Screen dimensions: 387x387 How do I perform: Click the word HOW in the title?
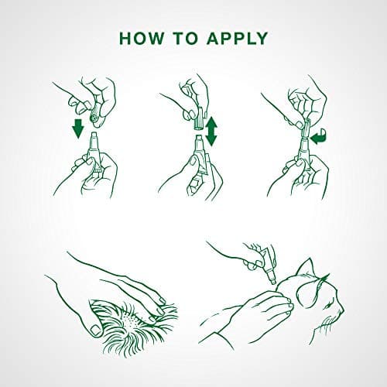pos(141,39)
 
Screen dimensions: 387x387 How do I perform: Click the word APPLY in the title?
pos(237,39)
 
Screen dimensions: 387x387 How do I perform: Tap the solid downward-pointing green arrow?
pos(78,128)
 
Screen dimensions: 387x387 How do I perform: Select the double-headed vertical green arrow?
pos(211,131)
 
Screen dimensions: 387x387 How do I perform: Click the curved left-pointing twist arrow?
pos(319,138)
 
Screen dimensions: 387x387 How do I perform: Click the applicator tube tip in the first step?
pos(94,137)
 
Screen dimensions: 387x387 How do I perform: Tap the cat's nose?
pos(342,309)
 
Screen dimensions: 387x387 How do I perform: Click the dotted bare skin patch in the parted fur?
pos(131,320)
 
